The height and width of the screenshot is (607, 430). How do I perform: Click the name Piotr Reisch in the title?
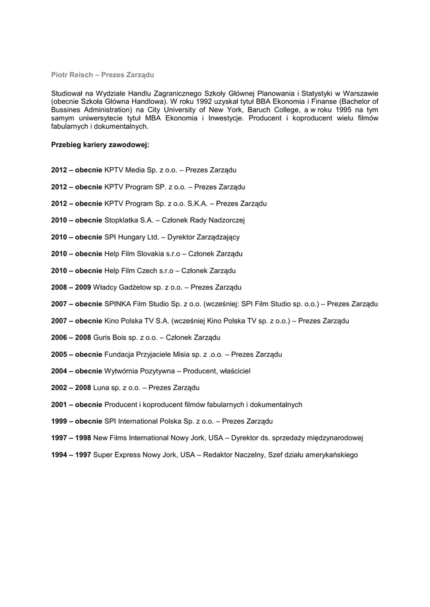[70, 75]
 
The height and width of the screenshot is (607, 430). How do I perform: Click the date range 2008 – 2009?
[71, 287]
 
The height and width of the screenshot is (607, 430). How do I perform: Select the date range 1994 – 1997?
[71, 455]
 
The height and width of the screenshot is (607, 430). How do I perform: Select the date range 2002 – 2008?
[71, 388]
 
